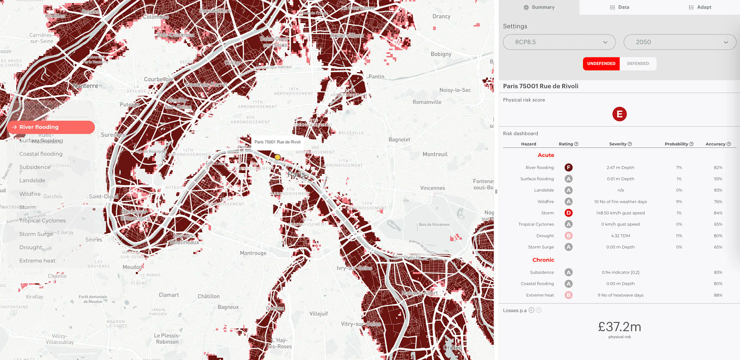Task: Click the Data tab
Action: [620, 7]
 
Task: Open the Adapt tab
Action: [700, 7]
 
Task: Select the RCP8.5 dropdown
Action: [559, 42]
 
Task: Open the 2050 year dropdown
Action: [680, 42]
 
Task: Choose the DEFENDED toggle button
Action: [638, 64]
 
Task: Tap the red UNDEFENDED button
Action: [601, 64]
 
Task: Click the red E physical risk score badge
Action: [620, 114]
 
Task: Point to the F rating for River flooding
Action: [568, 167]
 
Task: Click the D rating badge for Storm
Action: [568, 213]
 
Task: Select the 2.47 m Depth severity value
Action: [620, 167]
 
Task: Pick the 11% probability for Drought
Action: [679, 236]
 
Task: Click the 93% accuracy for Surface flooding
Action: [717, 179]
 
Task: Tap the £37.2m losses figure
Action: [620, 327]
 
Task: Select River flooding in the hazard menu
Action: [51, 127]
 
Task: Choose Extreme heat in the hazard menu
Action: [38, 261]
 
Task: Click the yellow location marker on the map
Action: [277, 158]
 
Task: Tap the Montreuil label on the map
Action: [435, 154]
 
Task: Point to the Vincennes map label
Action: [433, 188]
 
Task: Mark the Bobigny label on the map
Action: [441, 54]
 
